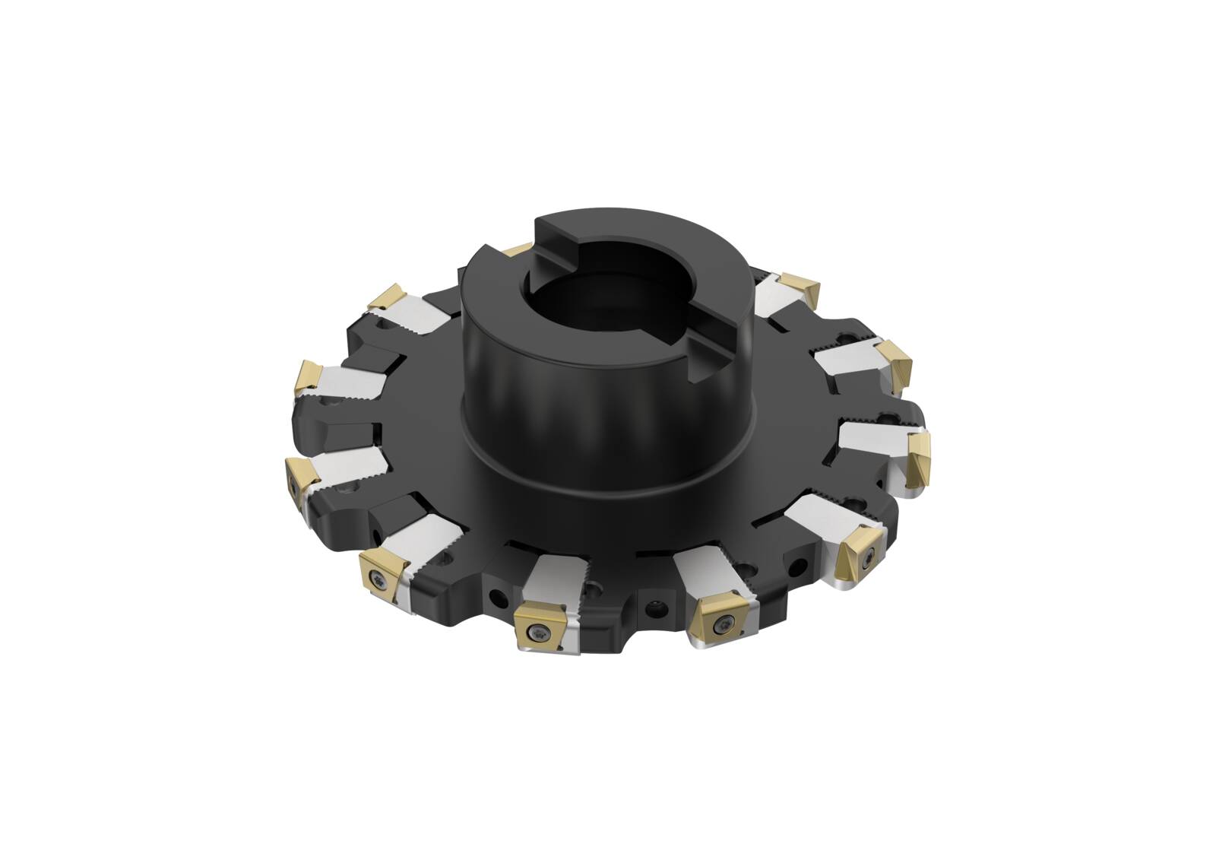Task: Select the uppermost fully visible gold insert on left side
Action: tap(386, 297)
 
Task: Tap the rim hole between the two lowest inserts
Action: tap(653, 606)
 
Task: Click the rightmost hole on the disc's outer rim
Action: tap(798, 564)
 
